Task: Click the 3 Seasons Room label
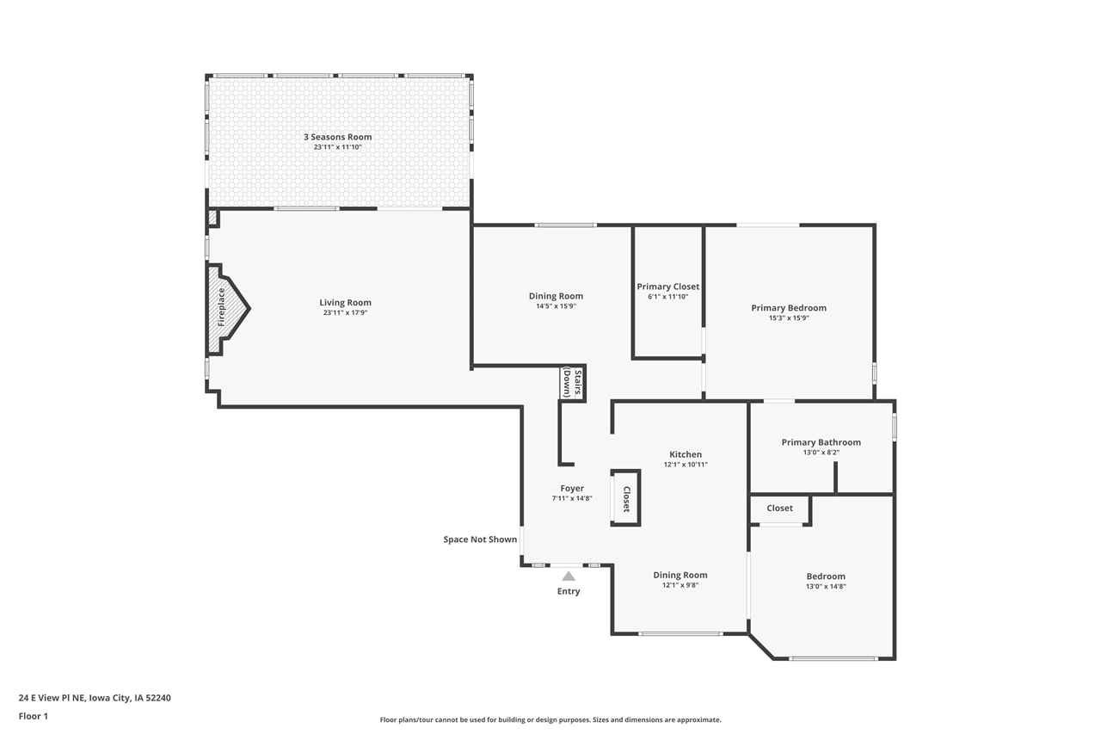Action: pyautogui.click(x=337, y=137)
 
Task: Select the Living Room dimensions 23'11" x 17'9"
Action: pyautogui.click(x=345, y=313)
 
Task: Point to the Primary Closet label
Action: pyautogui.click(x=667, y=287)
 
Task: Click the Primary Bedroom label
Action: pyautogui.click(x=788, y=308)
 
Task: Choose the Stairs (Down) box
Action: pyautogui.click(x=572, y=383)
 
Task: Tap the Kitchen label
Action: pyautogui.click(x=686, y=454)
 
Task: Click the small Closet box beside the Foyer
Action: pyautogui.click(x=625, y=498)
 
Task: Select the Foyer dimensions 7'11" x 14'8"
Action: pyautogui.click(x=571, y=499)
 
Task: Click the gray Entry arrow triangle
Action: pyautogui.click(x=569, y=576)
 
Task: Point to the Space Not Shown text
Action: pyautogui.click(x=480, y=540)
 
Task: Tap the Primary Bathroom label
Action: pyautogui.click(x=821, y=442)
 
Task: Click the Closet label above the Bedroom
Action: pyautogui.click(x=779, y=509)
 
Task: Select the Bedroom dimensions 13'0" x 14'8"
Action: pyautogui.click(x=826, y=587)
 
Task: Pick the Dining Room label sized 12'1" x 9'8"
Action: pyautogui.click(x=680, y=575)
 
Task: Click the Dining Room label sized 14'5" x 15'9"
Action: pyautogui.click(x=556, y=296)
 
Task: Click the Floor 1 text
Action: pyautogui.click(x=34, y=716)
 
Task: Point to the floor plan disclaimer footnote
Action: pyautogui.click(x=550, y=720)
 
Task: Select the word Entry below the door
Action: pyautogui.click(x=569, y=591)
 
